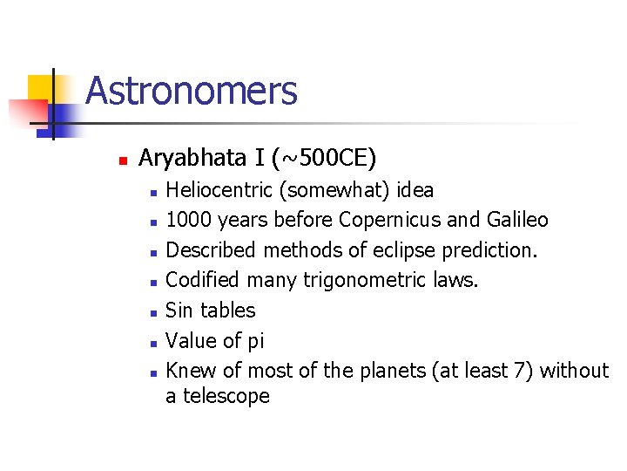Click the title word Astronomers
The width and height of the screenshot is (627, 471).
click(x=192, y=91)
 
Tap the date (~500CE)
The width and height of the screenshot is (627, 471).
click(x=324, y=158)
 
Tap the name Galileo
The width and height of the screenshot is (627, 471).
click(x=517, y=220)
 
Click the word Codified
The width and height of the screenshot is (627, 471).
click(x=204, y=280)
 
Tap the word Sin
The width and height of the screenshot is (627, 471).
click(x=179, y=311)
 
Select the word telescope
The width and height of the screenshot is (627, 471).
click(x=226, y=396)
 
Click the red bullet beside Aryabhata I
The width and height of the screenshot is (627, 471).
click(x=123, y=160)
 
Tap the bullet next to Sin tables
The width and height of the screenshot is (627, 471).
click(x=153, y=312)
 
